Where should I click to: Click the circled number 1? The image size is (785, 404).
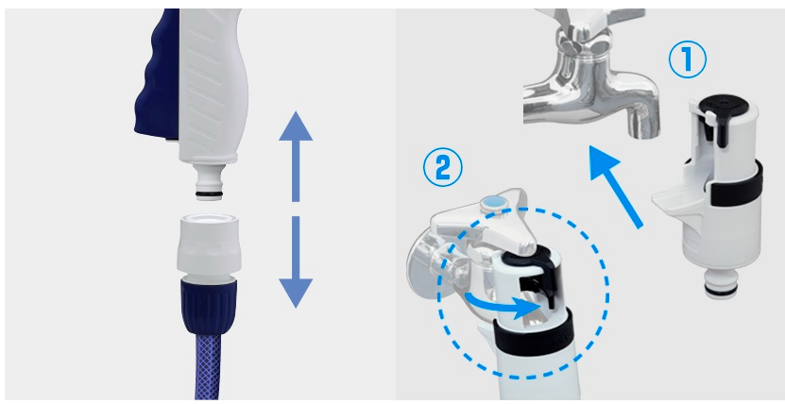(688, 59)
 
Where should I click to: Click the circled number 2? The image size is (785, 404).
(442, 170)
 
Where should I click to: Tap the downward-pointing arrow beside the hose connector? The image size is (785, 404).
(296, 262)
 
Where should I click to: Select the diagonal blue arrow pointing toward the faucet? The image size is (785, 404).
(615, 186)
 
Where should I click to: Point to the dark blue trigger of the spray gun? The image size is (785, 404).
(156, 75)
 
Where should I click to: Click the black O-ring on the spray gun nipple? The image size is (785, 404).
(210, 193)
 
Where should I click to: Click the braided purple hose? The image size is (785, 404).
(208, 366)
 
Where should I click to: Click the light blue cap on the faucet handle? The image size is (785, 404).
(491, 204)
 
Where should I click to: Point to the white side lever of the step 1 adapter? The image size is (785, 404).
(674, 199)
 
